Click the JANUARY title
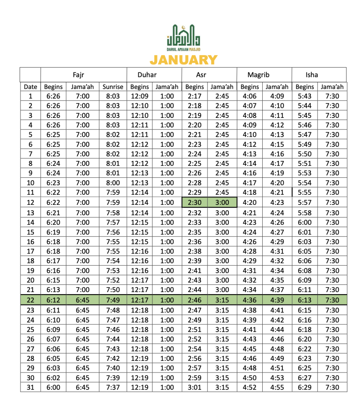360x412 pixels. (x=183, y=60)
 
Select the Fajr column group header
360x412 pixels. (x=78, y=74)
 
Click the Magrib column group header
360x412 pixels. (x=258, y=74)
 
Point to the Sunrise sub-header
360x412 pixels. (x=112, y=87)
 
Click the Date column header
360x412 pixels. (x=31, y=87)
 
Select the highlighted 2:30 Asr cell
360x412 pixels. (x=195, y=202)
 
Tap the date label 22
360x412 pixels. (x=31, y=300)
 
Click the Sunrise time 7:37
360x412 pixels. (x=112, y=387)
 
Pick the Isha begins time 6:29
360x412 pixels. (x=304, y=387)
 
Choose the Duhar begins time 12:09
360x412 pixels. (x=139, y=96)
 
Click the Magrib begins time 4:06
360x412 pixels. (x=249, y=96)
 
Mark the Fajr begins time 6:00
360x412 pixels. (x=53, y=387)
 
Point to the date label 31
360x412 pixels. (x=31, y=387)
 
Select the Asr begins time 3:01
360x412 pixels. (x=195, y=387)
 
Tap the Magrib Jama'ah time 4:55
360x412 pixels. (x=277, y=387)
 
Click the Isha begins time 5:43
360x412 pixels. (x=304, y=96)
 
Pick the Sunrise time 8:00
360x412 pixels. (x=112, y=183)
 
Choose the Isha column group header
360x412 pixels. (x=311, y=74)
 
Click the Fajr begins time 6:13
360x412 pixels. (x=53, y=290)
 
